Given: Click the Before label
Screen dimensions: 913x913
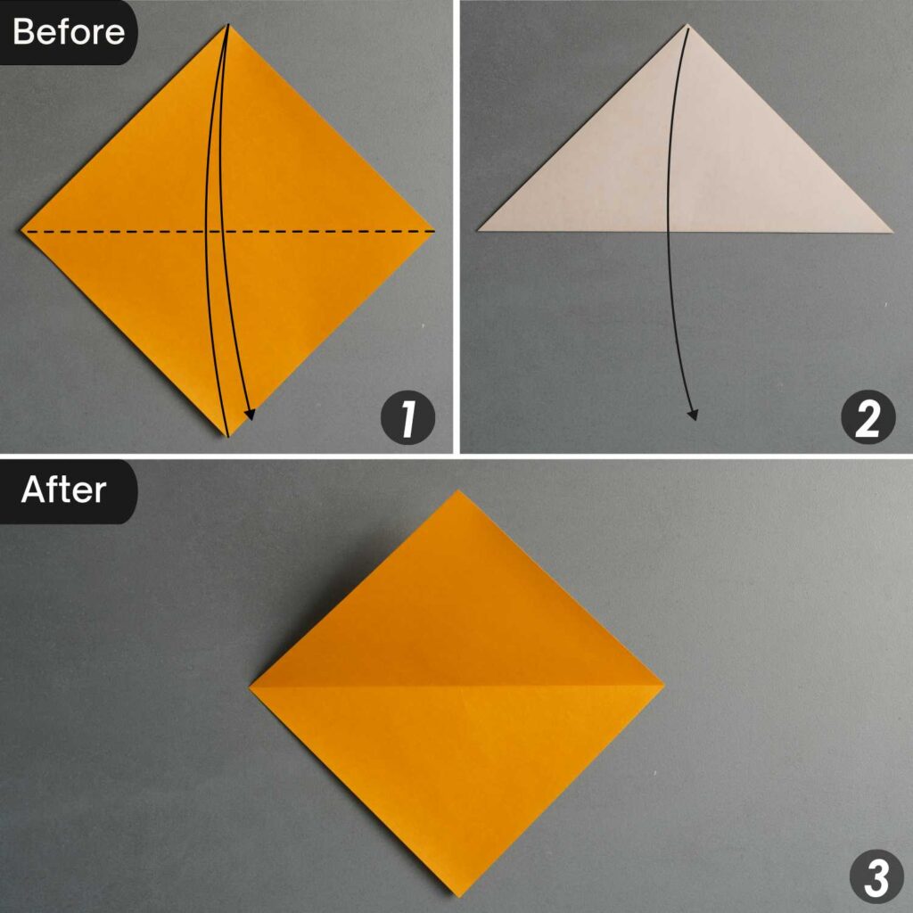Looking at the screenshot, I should (68, 32).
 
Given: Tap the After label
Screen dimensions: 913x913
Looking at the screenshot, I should (64, 489).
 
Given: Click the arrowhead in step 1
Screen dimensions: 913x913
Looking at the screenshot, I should (251, 414).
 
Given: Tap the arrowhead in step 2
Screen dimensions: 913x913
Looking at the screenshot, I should (693, 414).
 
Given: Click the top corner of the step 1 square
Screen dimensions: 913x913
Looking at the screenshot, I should (228, 25).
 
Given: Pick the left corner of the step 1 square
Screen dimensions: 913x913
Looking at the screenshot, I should (22, 231).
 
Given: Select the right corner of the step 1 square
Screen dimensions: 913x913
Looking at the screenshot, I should (434, 231).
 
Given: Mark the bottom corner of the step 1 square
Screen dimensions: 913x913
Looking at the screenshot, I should (228, 436).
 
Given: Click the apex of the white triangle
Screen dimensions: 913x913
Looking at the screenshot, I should (687, 25).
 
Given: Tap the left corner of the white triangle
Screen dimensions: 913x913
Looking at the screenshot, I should (479, 231).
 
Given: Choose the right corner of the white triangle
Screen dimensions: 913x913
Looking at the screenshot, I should (892, 231).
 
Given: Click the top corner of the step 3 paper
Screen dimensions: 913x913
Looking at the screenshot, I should (457, 490).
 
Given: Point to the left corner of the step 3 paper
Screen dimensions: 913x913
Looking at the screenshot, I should (251, 687).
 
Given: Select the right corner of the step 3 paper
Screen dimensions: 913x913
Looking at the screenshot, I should (664, 686).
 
